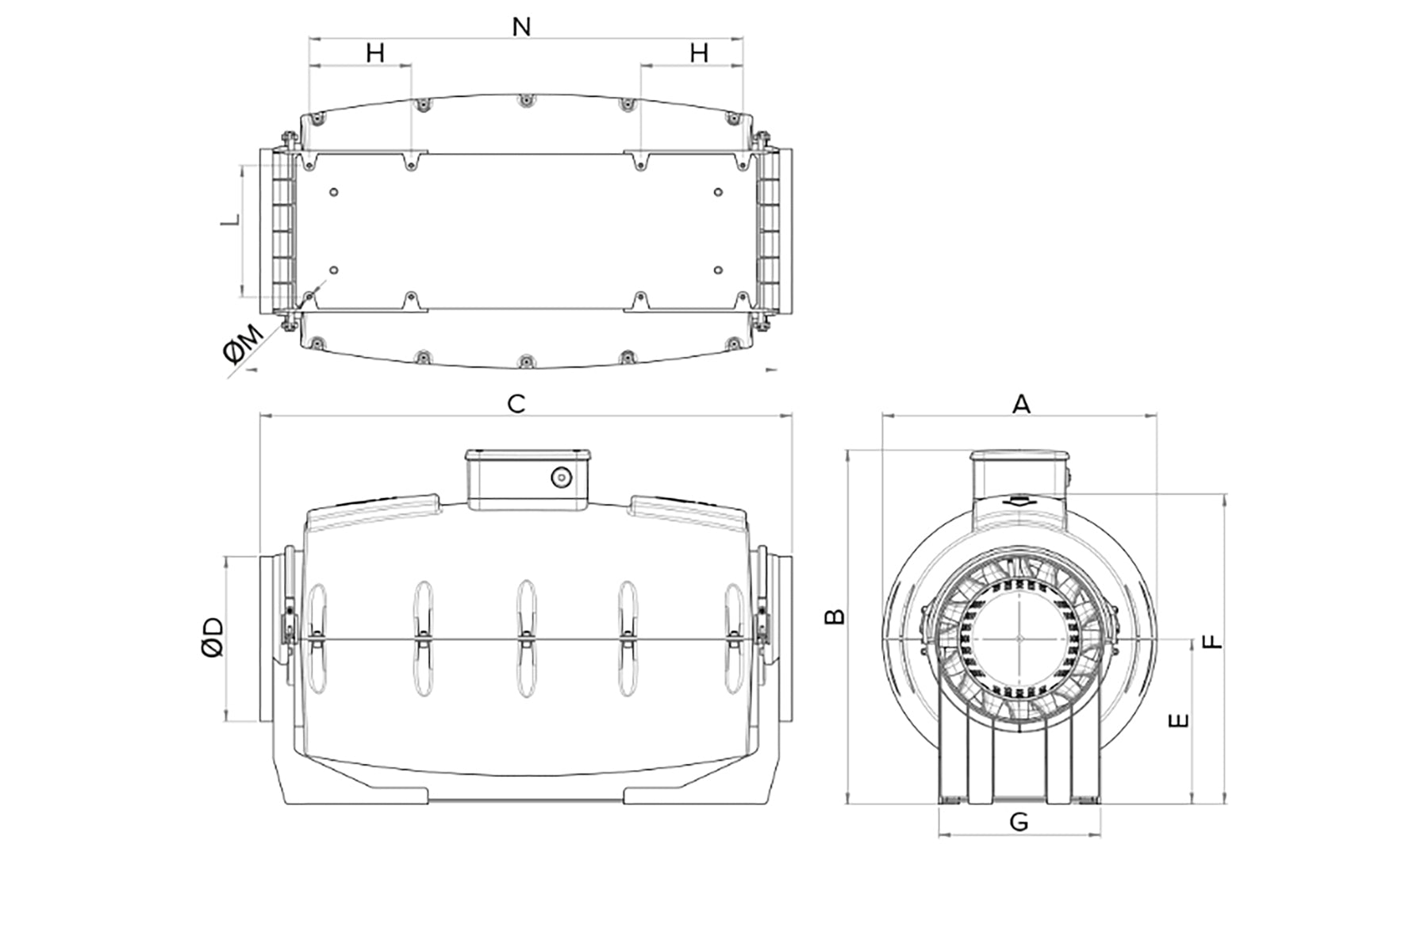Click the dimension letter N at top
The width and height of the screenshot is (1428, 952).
[521, 27]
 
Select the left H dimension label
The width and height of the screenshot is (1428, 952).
[375, 53]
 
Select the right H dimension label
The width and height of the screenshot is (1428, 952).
[699, 53]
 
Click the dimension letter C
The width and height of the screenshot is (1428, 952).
[516, 404]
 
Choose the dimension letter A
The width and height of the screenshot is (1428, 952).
[1022, 405]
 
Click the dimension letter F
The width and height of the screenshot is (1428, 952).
[1213, 641]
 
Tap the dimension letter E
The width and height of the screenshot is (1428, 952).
[1180, 720]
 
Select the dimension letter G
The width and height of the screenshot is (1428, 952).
[1019, 822]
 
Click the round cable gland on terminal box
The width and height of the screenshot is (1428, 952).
[561, 478]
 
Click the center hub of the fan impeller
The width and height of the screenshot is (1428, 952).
[1019, 637]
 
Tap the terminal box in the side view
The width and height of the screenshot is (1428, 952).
[528, 479]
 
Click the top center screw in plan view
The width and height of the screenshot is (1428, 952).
[525, 101]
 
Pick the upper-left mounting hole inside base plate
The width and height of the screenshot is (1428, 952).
[333, 192]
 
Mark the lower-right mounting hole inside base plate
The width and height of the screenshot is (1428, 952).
[718, 271]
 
